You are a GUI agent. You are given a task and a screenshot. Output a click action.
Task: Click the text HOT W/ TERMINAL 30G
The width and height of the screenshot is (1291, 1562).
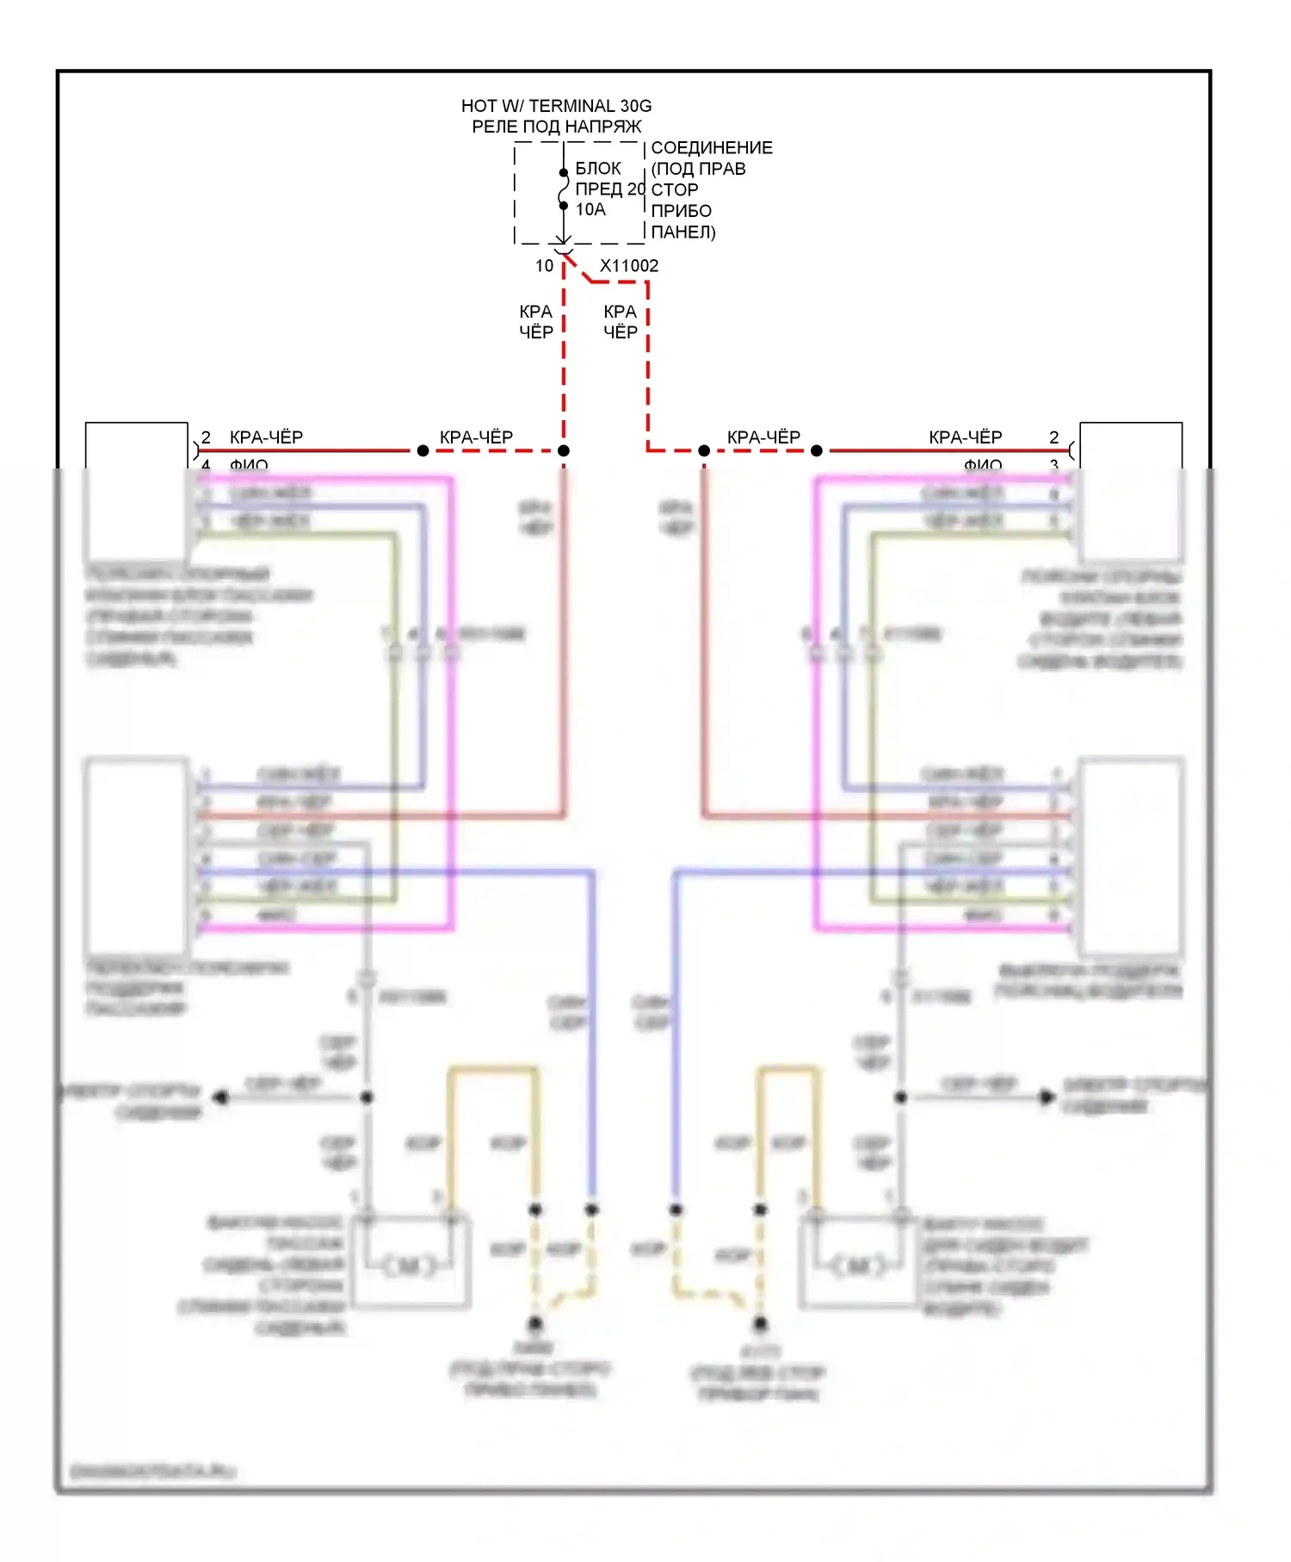(556, 106)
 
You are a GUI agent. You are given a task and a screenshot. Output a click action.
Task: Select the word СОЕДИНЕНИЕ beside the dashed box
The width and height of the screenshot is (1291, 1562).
(712, 148)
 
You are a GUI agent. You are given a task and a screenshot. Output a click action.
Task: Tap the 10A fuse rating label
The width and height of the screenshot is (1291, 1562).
(590, 209)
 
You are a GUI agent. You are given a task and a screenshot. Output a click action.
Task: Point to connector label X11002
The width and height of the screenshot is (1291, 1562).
(629, 266)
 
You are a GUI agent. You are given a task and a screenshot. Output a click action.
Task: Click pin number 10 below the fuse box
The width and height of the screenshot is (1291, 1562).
(544, 266)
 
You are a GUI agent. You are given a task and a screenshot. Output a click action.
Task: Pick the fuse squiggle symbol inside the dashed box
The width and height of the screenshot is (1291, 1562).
(563, 189)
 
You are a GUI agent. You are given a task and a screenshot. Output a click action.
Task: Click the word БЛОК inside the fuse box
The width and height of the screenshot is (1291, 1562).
(598, 169)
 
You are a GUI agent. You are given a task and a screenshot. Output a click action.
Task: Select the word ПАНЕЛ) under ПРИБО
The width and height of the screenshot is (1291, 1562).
(683, 232)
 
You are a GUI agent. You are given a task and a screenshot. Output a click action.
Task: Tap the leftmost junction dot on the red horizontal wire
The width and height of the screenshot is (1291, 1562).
(423, 450)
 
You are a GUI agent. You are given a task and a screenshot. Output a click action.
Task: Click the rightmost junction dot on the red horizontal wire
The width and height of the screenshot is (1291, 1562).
(817, 450)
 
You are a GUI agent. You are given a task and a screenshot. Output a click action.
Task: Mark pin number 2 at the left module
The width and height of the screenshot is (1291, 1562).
(206, 437)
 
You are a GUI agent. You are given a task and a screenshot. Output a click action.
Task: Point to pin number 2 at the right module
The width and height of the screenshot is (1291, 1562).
(1053, 437)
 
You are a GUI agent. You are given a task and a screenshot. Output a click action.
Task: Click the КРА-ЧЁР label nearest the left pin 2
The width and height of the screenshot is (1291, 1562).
(266, 437)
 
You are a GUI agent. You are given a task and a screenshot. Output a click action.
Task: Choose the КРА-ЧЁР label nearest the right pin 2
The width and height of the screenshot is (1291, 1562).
(965, 437)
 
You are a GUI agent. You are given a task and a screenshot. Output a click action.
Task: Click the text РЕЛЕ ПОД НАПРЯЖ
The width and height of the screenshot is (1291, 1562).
(556, 127)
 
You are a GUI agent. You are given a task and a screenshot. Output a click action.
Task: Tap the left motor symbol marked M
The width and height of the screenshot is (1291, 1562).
(410, 1265)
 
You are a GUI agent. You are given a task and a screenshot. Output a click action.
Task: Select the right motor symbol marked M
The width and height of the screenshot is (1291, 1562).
(859, 1265)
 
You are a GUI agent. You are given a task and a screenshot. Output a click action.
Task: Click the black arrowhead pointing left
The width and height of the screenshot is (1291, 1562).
(220, 1098)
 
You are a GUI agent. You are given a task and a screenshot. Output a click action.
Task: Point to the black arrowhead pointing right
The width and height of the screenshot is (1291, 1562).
(1047, 1097)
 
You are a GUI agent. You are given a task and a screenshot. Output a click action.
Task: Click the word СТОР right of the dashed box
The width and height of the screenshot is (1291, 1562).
(675, 189)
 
